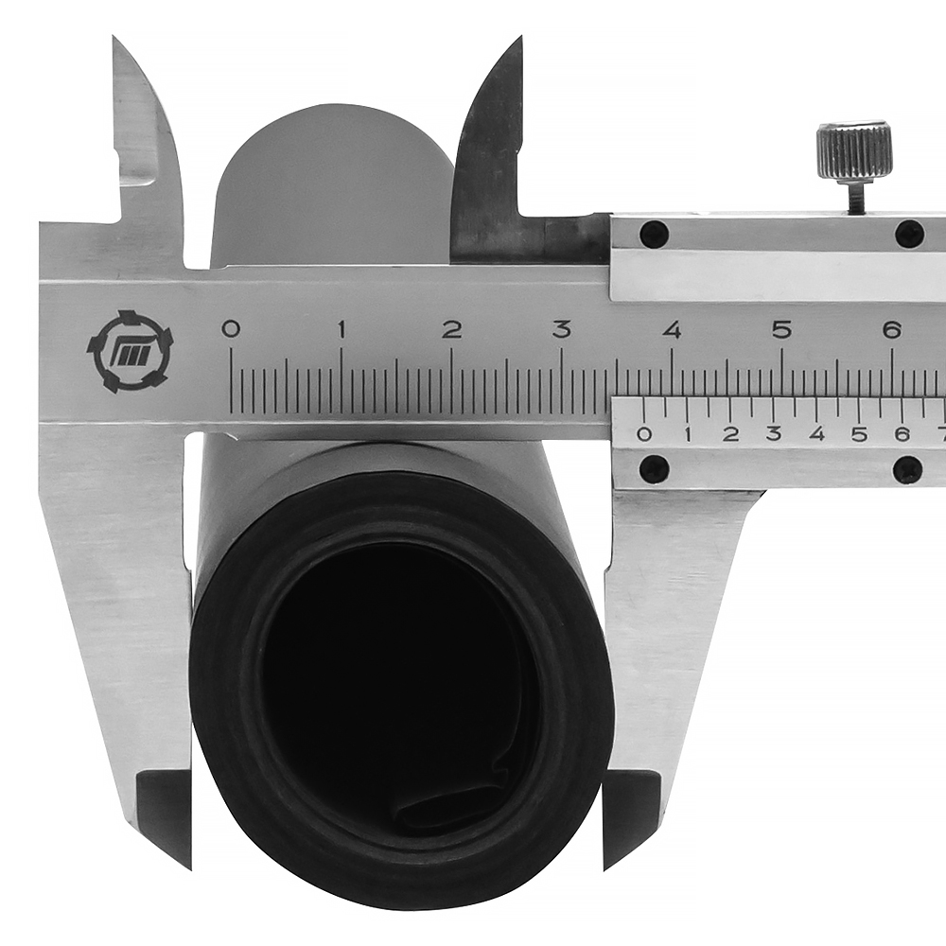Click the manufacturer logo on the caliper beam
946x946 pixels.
pyautogui.click(x=130, y=351)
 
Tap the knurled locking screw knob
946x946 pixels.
pyautogui.click(x=854, y=149)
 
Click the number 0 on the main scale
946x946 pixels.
pyautogui.click(x=231, y=329)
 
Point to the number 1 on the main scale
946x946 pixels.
pyautogui.click(x=342, y=329)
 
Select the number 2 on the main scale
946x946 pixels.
pyautogui.click(x=452, y=329)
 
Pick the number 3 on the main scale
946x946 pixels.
pyautogui.click(x=562, y=329)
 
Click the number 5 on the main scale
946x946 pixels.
pyautogui.click(x=782, y=330)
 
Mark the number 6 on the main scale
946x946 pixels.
pyautogui.click(x=892, y=330)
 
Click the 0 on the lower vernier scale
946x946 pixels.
pyautogui.click(x=644, y=434)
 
